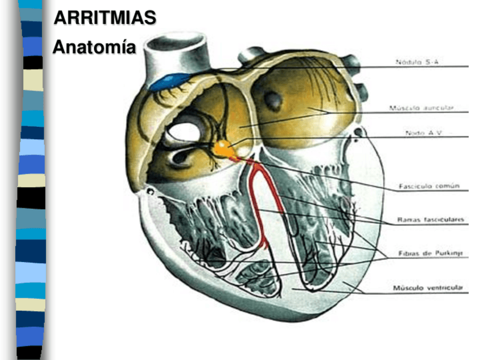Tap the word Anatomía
tap(94, 47)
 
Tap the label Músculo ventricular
tap(428, 288)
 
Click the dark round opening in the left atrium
tap(274, 101)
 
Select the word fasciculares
tap(443, 219)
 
